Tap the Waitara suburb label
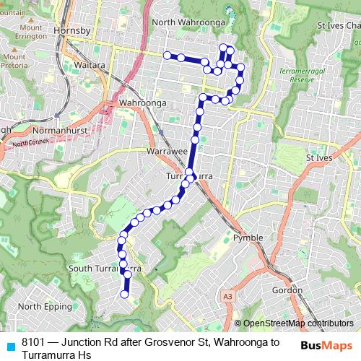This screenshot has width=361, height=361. [90, 64]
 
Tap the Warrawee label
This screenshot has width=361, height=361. [167, 152]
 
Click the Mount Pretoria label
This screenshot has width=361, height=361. [14, 61]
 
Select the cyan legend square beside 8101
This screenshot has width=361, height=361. [9, 344]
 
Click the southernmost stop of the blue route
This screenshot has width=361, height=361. [125, 294]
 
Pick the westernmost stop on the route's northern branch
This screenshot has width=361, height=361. [168, 55]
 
